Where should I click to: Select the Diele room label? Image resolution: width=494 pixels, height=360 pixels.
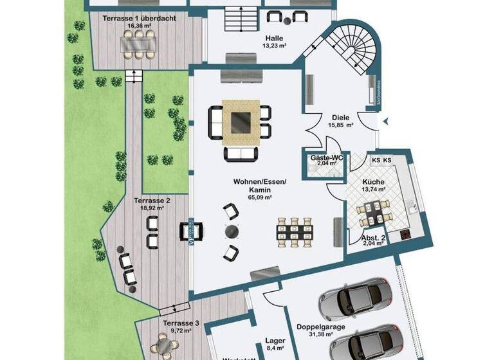tap(340, 118)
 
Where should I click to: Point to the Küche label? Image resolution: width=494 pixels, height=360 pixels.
tap(372, 182)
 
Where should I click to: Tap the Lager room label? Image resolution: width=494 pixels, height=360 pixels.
tap(275, 341)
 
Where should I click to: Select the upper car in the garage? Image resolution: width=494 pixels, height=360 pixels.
tap(356, 297)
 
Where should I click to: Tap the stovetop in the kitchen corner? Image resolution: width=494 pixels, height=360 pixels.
tap(406, 234)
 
